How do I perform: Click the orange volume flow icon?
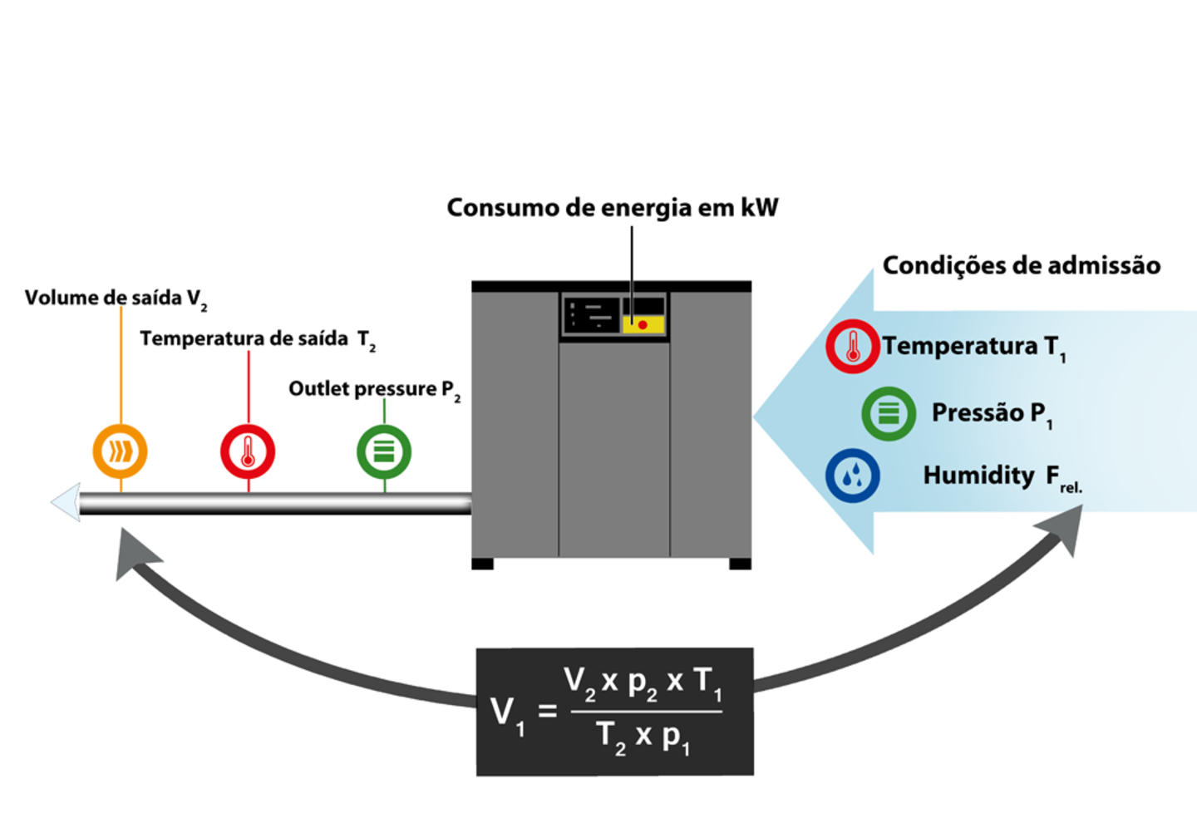pos(120,451)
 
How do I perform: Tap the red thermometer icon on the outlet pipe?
pos(248,451)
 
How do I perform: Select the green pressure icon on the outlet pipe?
pos(384,451)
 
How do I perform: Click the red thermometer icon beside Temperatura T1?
pos(852,346)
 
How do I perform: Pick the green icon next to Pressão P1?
pos(889,413)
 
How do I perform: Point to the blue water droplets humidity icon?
pos(852,476)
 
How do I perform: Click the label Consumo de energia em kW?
pos(612,208)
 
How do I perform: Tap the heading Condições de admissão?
pos(1021,266)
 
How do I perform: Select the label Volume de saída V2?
pos(116,298)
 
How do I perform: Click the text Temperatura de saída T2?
pos(257,339)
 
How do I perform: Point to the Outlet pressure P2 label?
pos(374,389)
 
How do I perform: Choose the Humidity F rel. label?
pos(1002,476)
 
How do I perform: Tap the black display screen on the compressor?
pos(591,316)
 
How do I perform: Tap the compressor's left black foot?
pos(482,564)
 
